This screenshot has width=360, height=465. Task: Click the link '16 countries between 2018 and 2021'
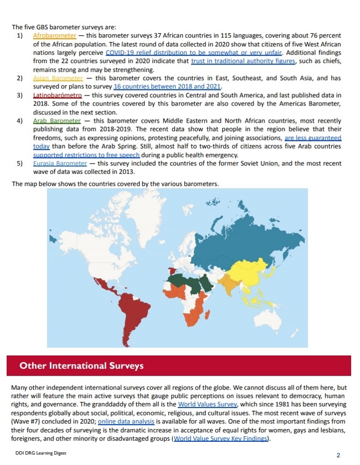click(167, 87)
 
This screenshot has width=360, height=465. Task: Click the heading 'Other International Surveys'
click(81, 366)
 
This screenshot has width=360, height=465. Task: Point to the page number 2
click(338, 455)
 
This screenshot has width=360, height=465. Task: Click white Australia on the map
click(276, 326)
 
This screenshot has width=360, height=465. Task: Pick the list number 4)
click(19, 121)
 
